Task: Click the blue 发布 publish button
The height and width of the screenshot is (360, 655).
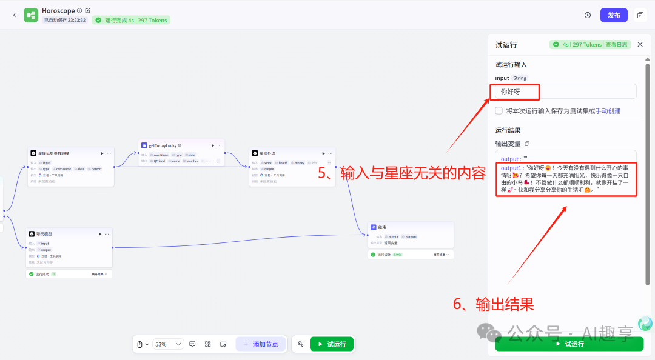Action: coord(614,15)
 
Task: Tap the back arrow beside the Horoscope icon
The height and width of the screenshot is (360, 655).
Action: coord(14,15)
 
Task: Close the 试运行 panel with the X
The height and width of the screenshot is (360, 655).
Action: coord(640,44)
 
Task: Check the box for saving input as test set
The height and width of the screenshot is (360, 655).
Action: coord(499,111)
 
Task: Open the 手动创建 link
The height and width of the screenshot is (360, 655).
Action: coord(608,111)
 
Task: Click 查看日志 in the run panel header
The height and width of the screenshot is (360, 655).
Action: coord(617,44)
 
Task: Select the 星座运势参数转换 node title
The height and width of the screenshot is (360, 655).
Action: coord(54,153)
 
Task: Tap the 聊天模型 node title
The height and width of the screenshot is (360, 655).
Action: coord(44,234)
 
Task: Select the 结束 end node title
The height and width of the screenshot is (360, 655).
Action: coord(382,227)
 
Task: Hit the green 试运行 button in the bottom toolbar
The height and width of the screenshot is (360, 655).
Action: coord(332,344)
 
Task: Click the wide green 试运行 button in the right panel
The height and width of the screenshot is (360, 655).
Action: coord(569,344)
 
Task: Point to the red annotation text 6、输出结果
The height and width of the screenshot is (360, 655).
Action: coord(493,304)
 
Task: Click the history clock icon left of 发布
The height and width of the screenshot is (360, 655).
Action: coord(587,15)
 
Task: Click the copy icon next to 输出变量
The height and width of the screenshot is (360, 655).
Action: coord(527,144)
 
